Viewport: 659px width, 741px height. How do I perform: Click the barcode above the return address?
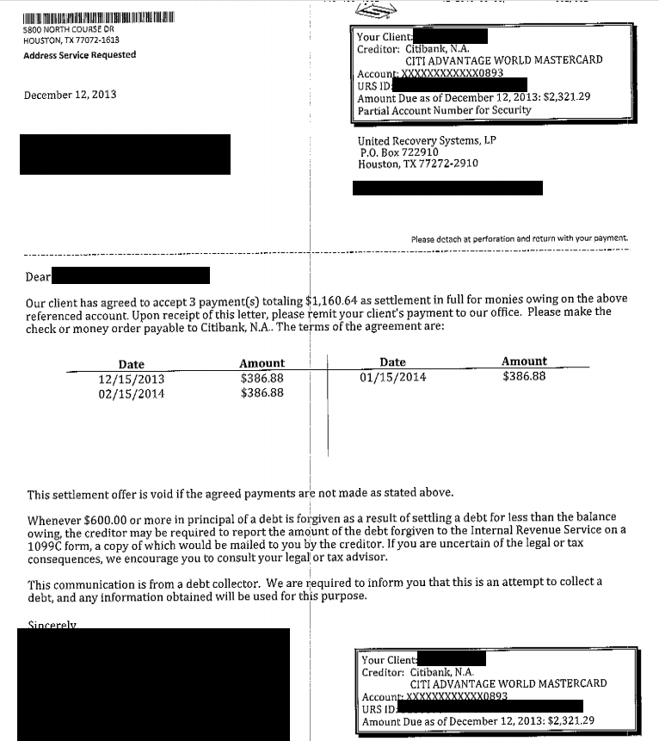tap(98, 16)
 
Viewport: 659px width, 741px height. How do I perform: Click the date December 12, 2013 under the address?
tap(71, 95)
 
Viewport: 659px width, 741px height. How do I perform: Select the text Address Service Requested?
tap(79, 55)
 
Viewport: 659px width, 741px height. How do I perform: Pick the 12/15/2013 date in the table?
tap(132, 379)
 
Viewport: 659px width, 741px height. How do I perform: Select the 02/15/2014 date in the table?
tap(132, 393)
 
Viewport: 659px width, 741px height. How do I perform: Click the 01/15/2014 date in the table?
tap(392, 377)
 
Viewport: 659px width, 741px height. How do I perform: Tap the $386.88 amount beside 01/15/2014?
tap(524, 376)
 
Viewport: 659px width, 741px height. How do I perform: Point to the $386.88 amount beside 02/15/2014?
tap(262, 392)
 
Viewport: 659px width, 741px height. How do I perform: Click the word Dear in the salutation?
tap(39, 277)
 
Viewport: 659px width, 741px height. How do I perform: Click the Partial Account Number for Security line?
tap(444, 110)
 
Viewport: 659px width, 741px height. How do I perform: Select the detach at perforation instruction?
tap(520, 238)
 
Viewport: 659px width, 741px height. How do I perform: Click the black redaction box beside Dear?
tap(132, 275)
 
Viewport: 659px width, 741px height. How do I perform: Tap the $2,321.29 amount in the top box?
tap(567, 98)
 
